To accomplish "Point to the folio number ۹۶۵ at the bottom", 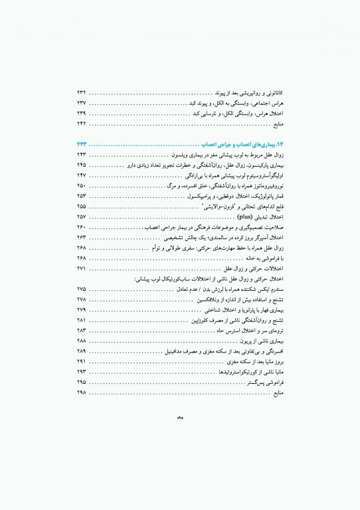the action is click(180, 418).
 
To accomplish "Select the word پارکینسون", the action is click(257, 165).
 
